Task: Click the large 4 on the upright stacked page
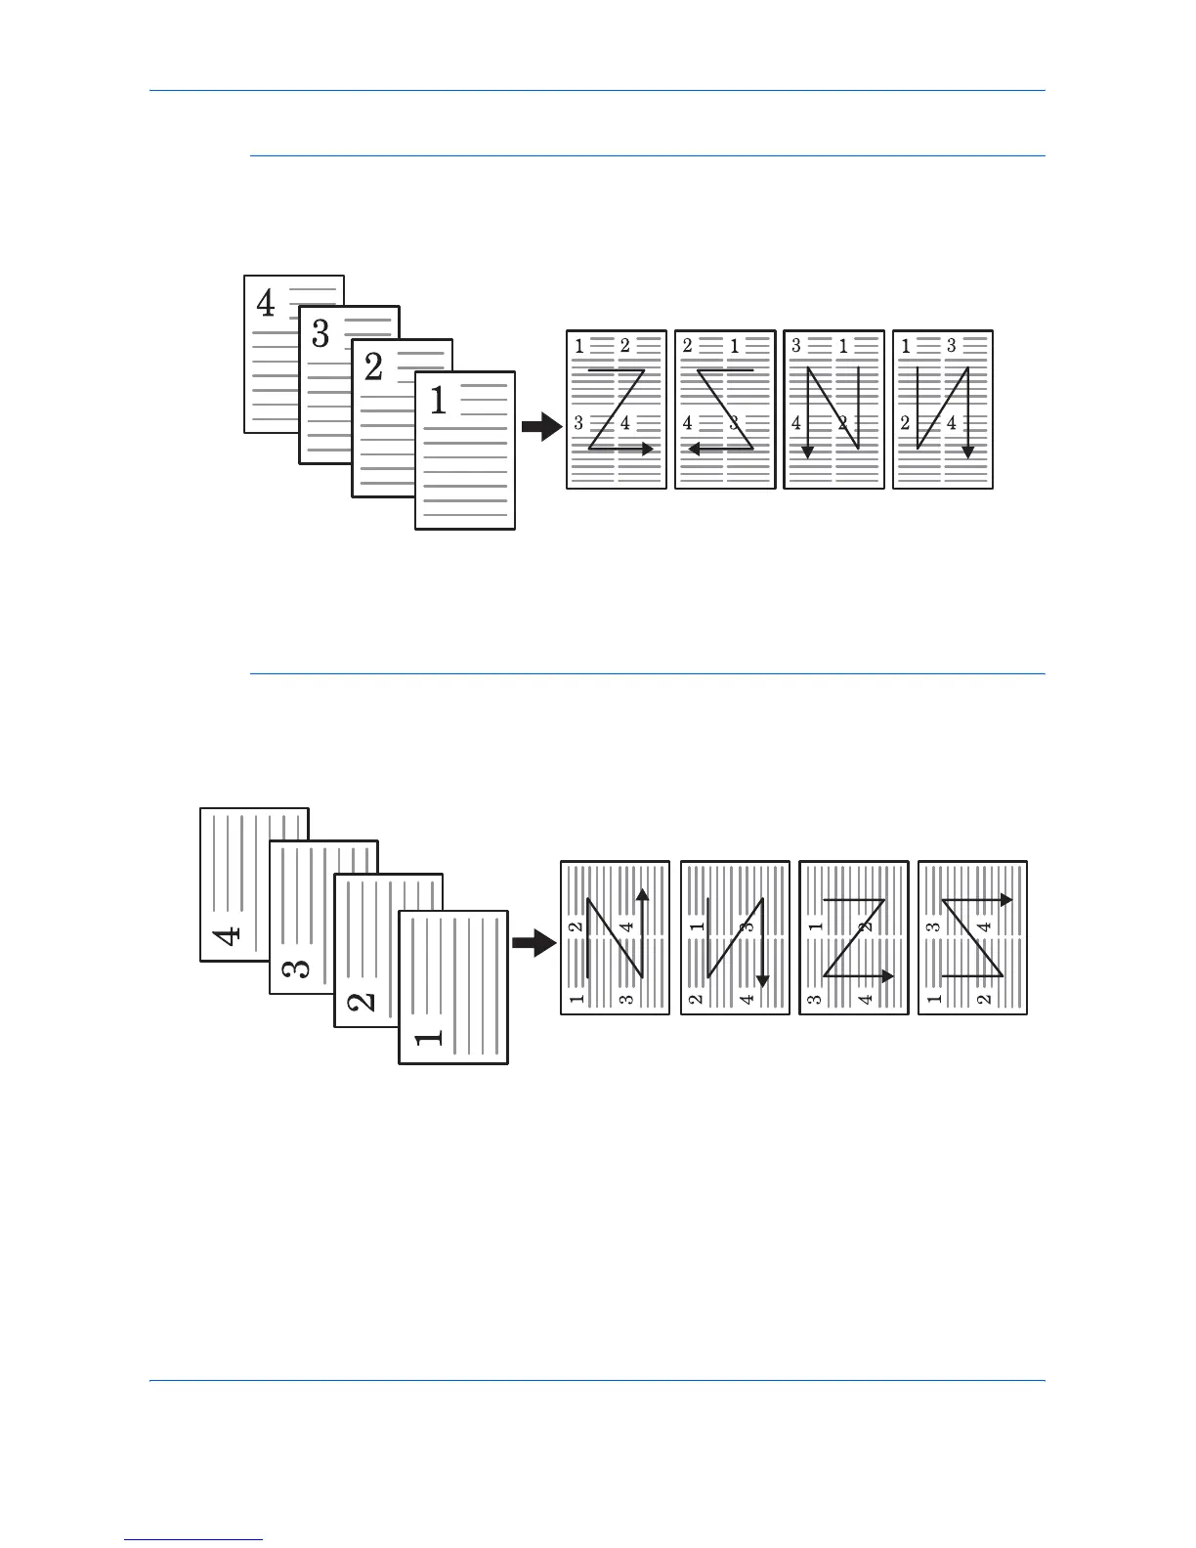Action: coord(266,304)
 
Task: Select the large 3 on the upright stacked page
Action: coord(320,335)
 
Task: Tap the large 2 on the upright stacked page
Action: coord(373,368)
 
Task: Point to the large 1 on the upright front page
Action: coord(439,401)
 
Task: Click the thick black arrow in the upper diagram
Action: coord(541,427)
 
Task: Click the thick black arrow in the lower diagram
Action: coord(534,943)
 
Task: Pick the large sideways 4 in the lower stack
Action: coord(227,935)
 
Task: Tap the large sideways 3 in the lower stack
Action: coord(296,968)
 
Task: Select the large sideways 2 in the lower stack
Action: coord(361,1001)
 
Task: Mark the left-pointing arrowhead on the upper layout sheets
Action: coord(694,449)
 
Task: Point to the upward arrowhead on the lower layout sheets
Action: coord(642,894)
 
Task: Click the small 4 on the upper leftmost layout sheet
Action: coord(625,422)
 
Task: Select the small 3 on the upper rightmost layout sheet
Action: coord(951,346)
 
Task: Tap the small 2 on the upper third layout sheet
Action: coord(842,422)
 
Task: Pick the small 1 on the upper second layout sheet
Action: coord(734,346)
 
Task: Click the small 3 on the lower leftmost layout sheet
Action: coord(626,999)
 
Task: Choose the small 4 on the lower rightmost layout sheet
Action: coord(985,925)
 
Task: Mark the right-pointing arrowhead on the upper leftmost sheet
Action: coord(648,449)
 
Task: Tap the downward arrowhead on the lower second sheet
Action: coord(762,980)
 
